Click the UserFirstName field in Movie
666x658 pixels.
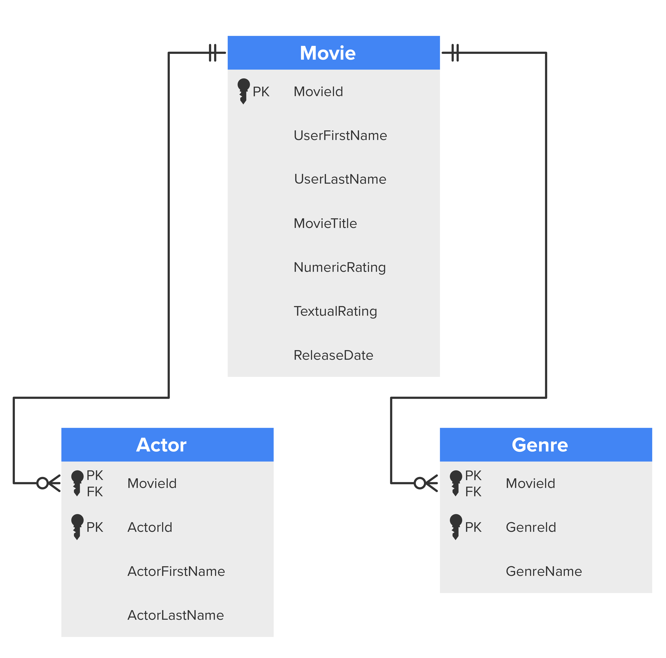(x=340, y=135)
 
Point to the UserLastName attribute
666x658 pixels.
(x=340, y=179)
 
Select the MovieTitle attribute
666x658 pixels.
(x=325, y=223)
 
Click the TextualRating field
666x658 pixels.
(x=335, y=312)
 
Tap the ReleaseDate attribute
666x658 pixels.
(x=333, y=355)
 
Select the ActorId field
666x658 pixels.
(x=150, y=527)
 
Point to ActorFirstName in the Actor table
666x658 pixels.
(x=176, y=572)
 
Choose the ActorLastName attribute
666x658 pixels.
(x=176, y=615)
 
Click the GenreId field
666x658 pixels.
(x=531, y=527)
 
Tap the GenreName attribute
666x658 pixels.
(x=544, y=572)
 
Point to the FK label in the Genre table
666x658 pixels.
(x=473, y=492)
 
